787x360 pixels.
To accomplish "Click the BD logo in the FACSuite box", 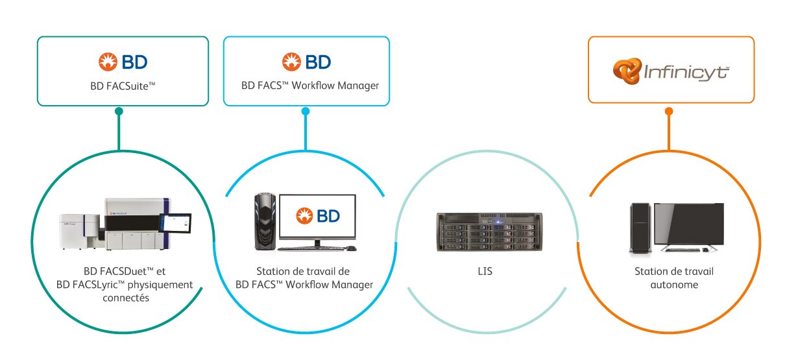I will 123,62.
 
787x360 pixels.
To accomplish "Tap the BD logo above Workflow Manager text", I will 306,62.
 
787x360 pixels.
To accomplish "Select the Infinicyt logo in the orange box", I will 671,71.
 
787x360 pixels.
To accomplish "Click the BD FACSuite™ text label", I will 123,85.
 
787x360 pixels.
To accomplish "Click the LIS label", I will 484,271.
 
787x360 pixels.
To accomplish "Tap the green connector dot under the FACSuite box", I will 119,111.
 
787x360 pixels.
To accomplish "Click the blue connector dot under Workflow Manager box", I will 306,111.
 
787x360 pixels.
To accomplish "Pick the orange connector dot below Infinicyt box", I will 669,111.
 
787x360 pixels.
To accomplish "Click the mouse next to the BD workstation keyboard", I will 350,248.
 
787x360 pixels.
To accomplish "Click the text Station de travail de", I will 304,271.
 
